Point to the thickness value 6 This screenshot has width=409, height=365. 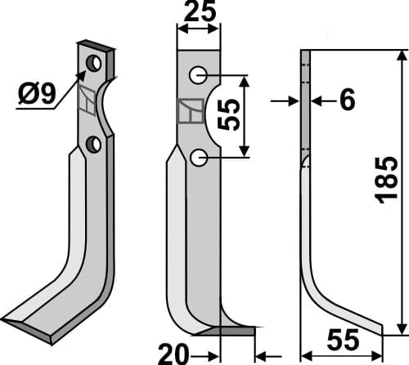pos(346,100)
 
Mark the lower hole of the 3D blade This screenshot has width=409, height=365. pos(94,145)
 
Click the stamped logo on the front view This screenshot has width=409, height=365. pos(190,112)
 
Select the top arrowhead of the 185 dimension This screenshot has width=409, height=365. pos(401,56)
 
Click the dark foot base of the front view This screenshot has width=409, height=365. pos(233,331)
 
